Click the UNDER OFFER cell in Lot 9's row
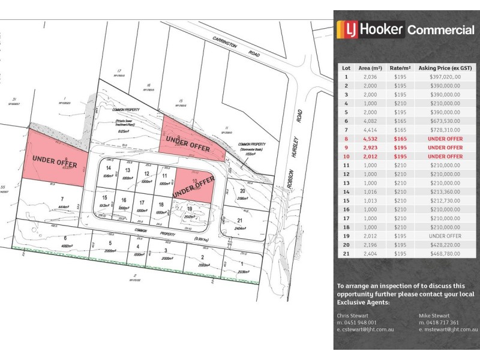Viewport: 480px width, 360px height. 445,146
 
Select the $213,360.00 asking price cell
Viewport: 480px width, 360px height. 445,192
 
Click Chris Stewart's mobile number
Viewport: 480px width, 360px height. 358,322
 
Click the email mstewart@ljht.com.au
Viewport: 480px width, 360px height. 448,329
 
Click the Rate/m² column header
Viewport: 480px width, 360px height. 400,68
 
